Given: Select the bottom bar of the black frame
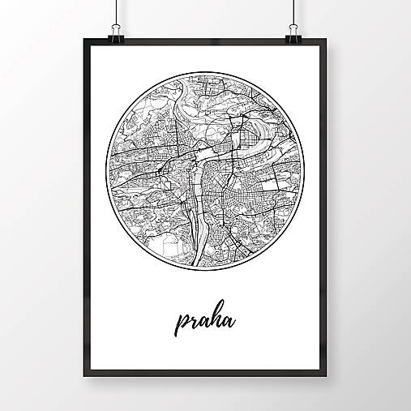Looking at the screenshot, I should tap(205, 383).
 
